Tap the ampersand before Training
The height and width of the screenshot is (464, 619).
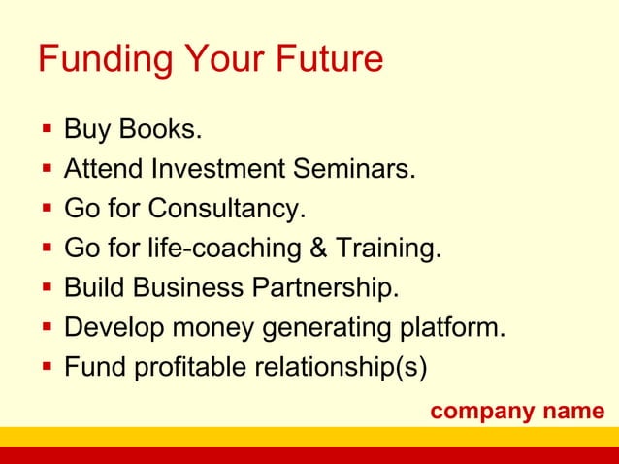[x=317, y=249]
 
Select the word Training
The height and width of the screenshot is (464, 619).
[x=387, y=249]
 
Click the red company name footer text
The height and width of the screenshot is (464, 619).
[x=517, y=411]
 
